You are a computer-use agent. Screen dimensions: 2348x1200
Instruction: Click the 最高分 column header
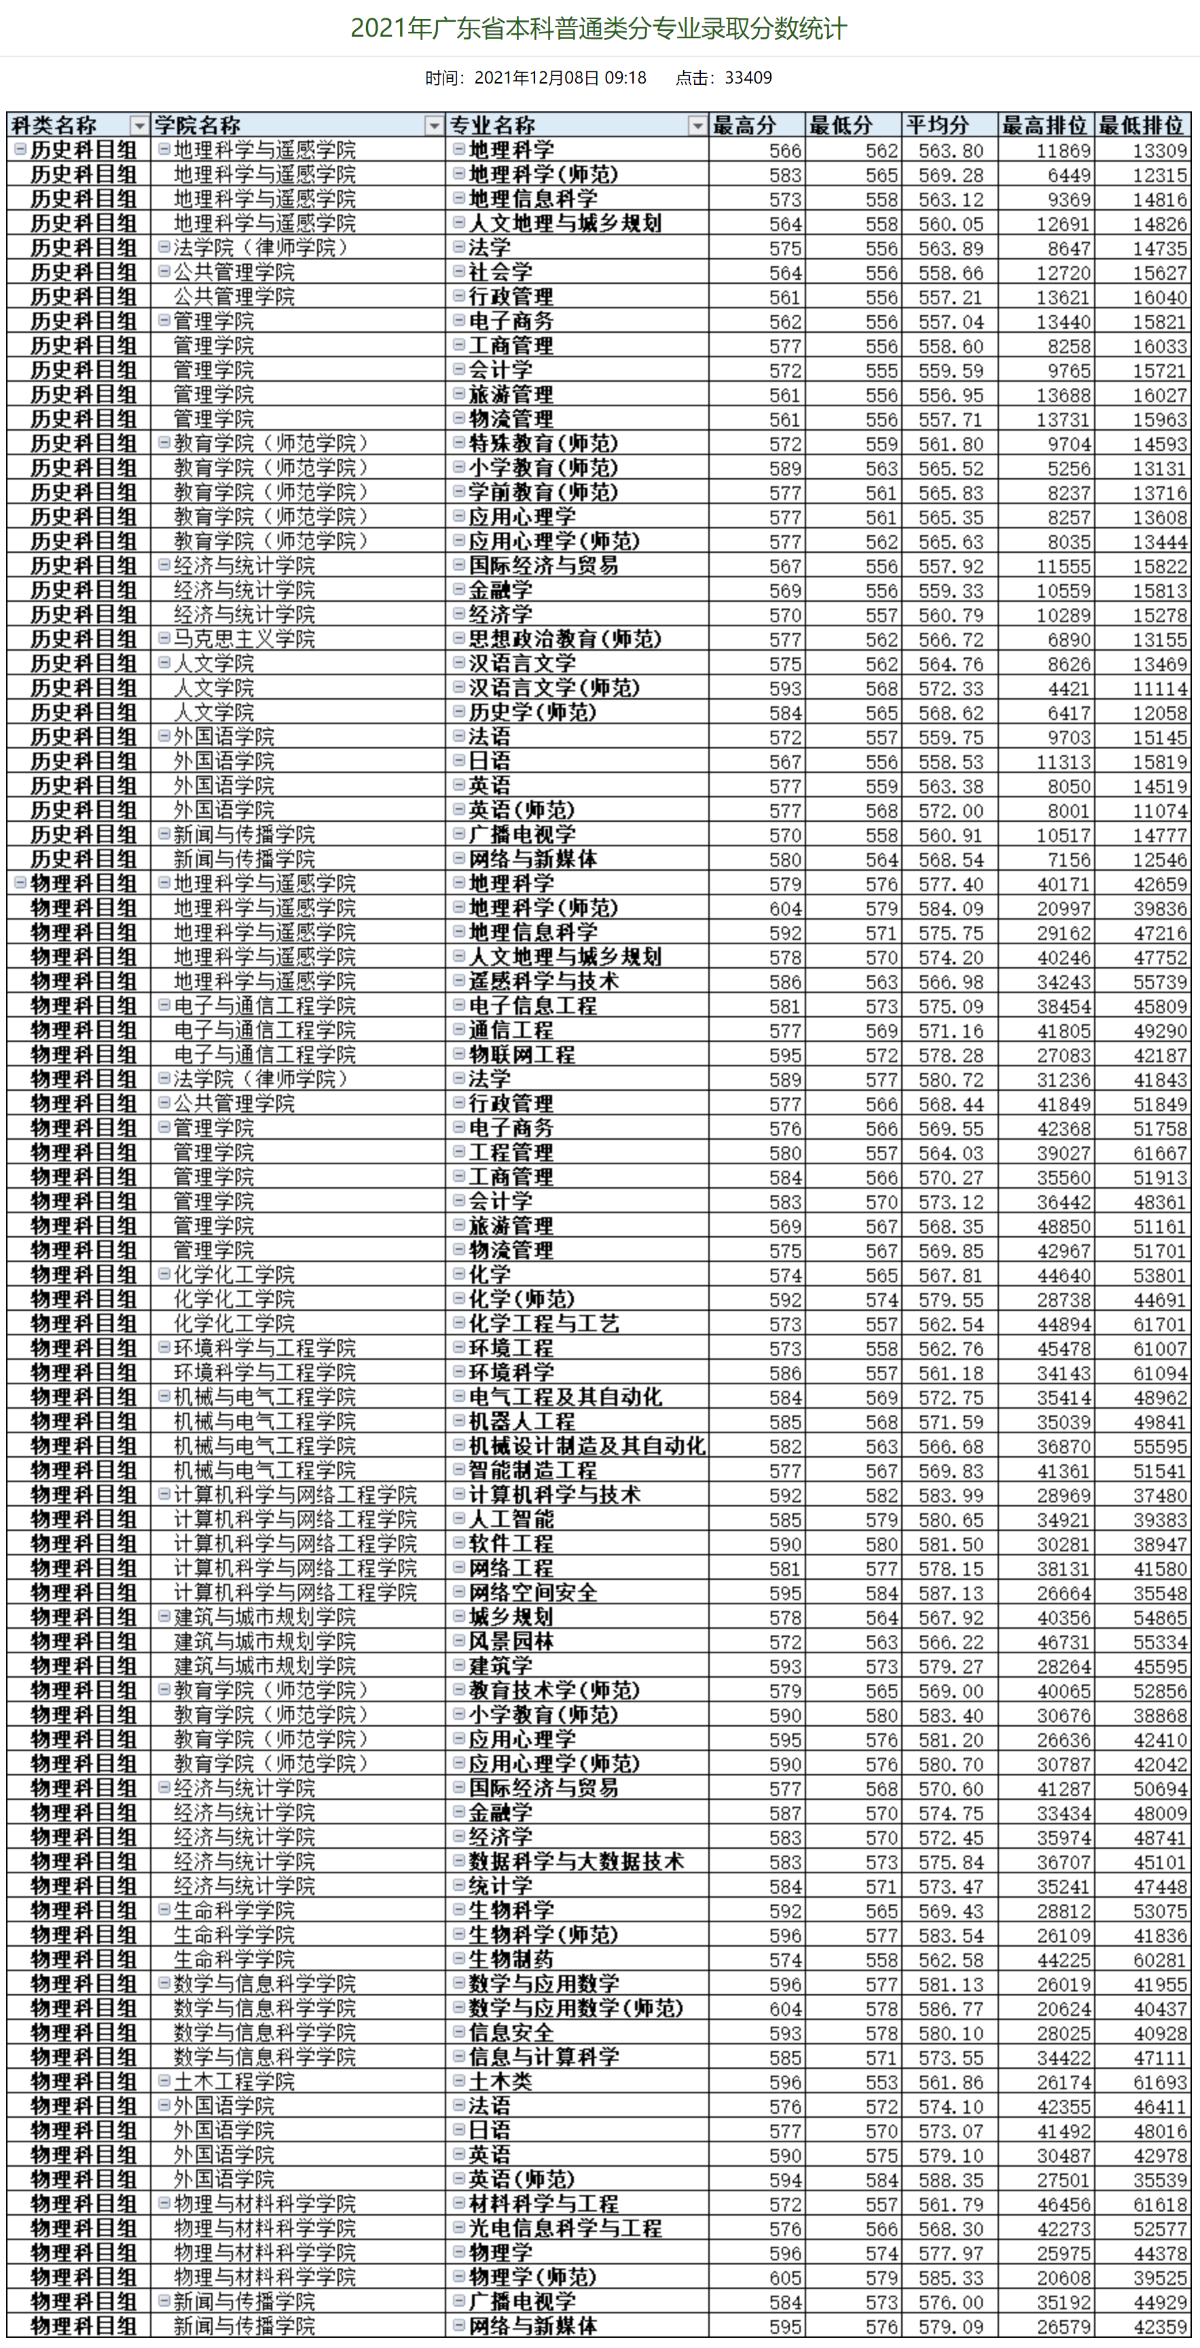click(745, 125)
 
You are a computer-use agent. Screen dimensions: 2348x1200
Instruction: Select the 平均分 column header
click(939, 125)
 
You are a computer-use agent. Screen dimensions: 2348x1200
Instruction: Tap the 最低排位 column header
click(1141, 125)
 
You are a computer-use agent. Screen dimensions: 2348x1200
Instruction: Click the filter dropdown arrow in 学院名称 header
click(434, 126)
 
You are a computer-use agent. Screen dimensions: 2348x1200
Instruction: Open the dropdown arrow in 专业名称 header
click(697, 126)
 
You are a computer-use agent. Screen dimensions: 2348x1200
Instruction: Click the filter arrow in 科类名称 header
click(139, 126)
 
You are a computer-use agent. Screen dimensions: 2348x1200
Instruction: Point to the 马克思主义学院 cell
click(244, 639)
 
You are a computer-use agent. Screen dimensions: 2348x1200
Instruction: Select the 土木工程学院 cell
click(234, 2081)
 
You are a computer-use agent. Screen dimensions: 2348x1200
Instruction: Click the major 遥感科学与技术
click(544, 981)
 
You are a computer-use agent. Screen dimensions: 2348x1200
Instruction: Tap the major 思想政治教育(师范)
click(565, 639)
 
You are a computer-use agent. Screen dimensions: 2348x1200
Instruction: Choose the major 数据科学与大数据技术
click(576, 1861)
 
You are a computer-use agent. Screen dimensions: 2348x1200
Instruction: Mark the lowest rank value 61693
click(1160, 2082)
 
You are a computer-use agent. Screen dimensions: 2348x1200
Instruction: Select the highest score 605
click(786, 2277)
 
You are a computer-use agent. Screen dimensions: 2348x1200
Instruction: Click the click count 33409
click(748, 77)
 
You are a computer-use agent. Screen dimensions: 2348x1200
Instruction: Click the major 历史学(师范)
click(532, 712)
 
